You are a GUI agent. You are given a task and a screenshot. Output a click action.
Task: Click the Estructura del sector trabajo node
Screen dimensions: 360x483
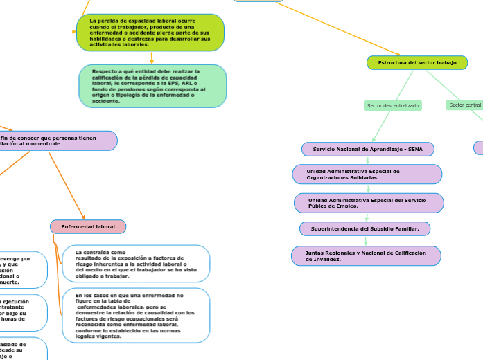click(416, 63)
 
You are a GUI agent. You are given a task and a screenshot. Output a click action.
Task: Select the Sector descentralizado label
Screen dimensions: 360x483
click(392, 105)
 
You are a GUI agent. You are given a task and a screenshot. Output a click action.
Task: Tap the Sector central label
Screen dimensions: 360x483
click(465, 105)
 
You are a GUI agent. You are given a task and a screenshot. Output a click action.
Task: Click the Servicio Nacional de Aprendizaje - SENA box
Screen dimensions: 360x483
click(367, 149)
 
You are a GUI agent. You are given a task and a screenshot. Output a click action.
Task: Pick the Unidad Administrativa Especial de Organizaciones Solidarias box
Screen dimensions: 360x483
click(367, 174)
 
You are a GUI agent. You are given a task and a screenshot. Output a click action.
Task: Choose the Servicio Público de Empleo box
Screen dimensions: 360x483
click(369, 203)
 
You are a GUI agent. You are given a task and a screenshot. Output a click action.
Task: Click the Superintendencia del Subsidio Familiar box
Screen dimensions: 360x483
click(365, 228)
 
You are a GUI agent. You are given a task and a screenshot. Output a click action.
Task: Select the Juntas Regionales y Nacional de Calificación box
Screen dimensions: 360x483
click(365, 256)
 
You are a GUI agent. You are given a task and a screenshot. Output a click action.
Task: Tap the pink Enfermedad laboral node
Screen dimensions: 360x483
click(88, 226)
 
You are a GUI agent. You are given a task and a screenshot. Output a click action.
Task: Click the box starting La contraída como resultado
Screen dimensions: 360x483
click(135, 264)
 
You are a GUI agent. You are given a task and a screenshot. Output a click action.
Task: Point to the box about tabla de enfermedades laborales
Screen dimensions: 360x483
click(135, 315)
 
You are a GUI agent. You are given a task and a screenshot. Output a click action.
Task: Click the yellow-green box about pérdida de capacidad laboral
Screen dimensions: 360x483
click(150, 33)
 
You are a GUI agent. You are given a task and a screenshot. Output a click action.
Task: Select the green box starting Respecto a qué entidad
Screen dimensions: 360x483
click(152, 86)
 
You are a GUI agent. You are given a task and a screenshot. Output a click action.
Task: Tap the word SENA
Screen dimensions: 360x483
click(415, 149)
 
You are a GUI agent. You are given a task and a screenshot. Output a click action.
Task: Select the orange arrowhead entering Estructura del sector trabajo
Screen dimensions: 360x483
click(398, 53)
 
